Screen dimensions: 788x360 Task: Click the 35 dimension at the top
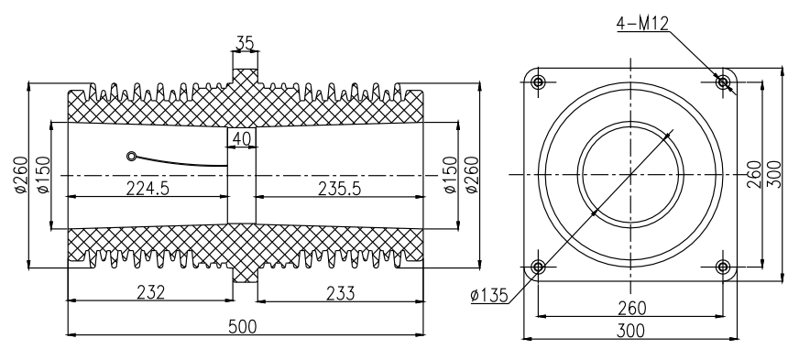[245, 43]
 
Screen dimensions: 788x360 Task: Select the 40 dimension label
[242, 138]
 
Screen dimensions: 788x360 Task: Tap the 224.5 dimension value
[148, 189]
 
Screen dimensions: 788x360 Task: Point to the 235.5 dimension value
[339, 189]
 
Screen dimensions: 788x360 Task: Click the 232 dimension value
[151, 292]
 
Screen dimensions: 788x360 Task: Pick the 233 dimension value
[340, 293]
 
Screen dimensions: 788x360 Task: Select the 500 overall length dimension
[242, 327]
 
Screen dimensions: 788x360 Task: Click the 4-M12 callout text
[642, 23]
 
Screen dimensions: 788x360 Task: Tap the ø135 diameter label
[489, 296]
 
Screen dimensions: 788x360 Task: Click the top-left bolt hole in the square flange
[538, 82]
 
